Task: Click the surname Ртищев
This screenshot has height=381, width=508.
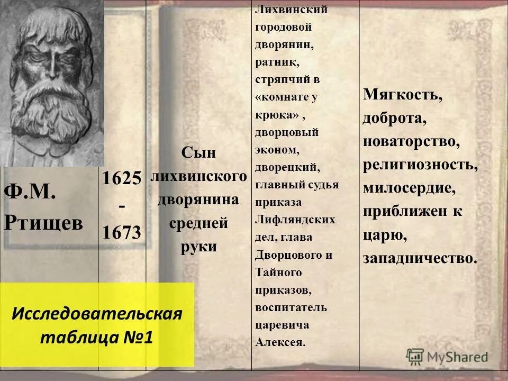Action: [x=44, y=223]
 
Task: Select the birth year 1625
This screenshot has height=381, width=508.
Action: [x=122, y=178]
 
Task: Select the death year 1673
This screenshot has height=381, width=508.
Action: [x=122, y=231]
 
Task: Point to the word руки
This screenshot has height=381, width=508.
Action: [x=198, y=248]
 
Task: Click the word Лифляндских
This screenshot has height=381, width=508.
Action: [x=295, y=219]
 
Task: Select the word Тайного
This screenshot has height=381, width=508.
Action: [x=278, y=272]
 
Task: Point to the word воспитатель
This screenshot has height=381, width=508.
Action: [x=291, y=307]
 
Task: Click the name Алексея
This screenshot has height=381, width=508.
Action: [x=280, y=342]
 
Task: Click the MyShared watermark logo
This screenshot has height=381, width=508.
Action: [x=447, y=356]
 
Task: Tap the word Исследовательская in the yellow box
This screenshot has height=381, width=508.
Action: [x=97, y=313]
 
